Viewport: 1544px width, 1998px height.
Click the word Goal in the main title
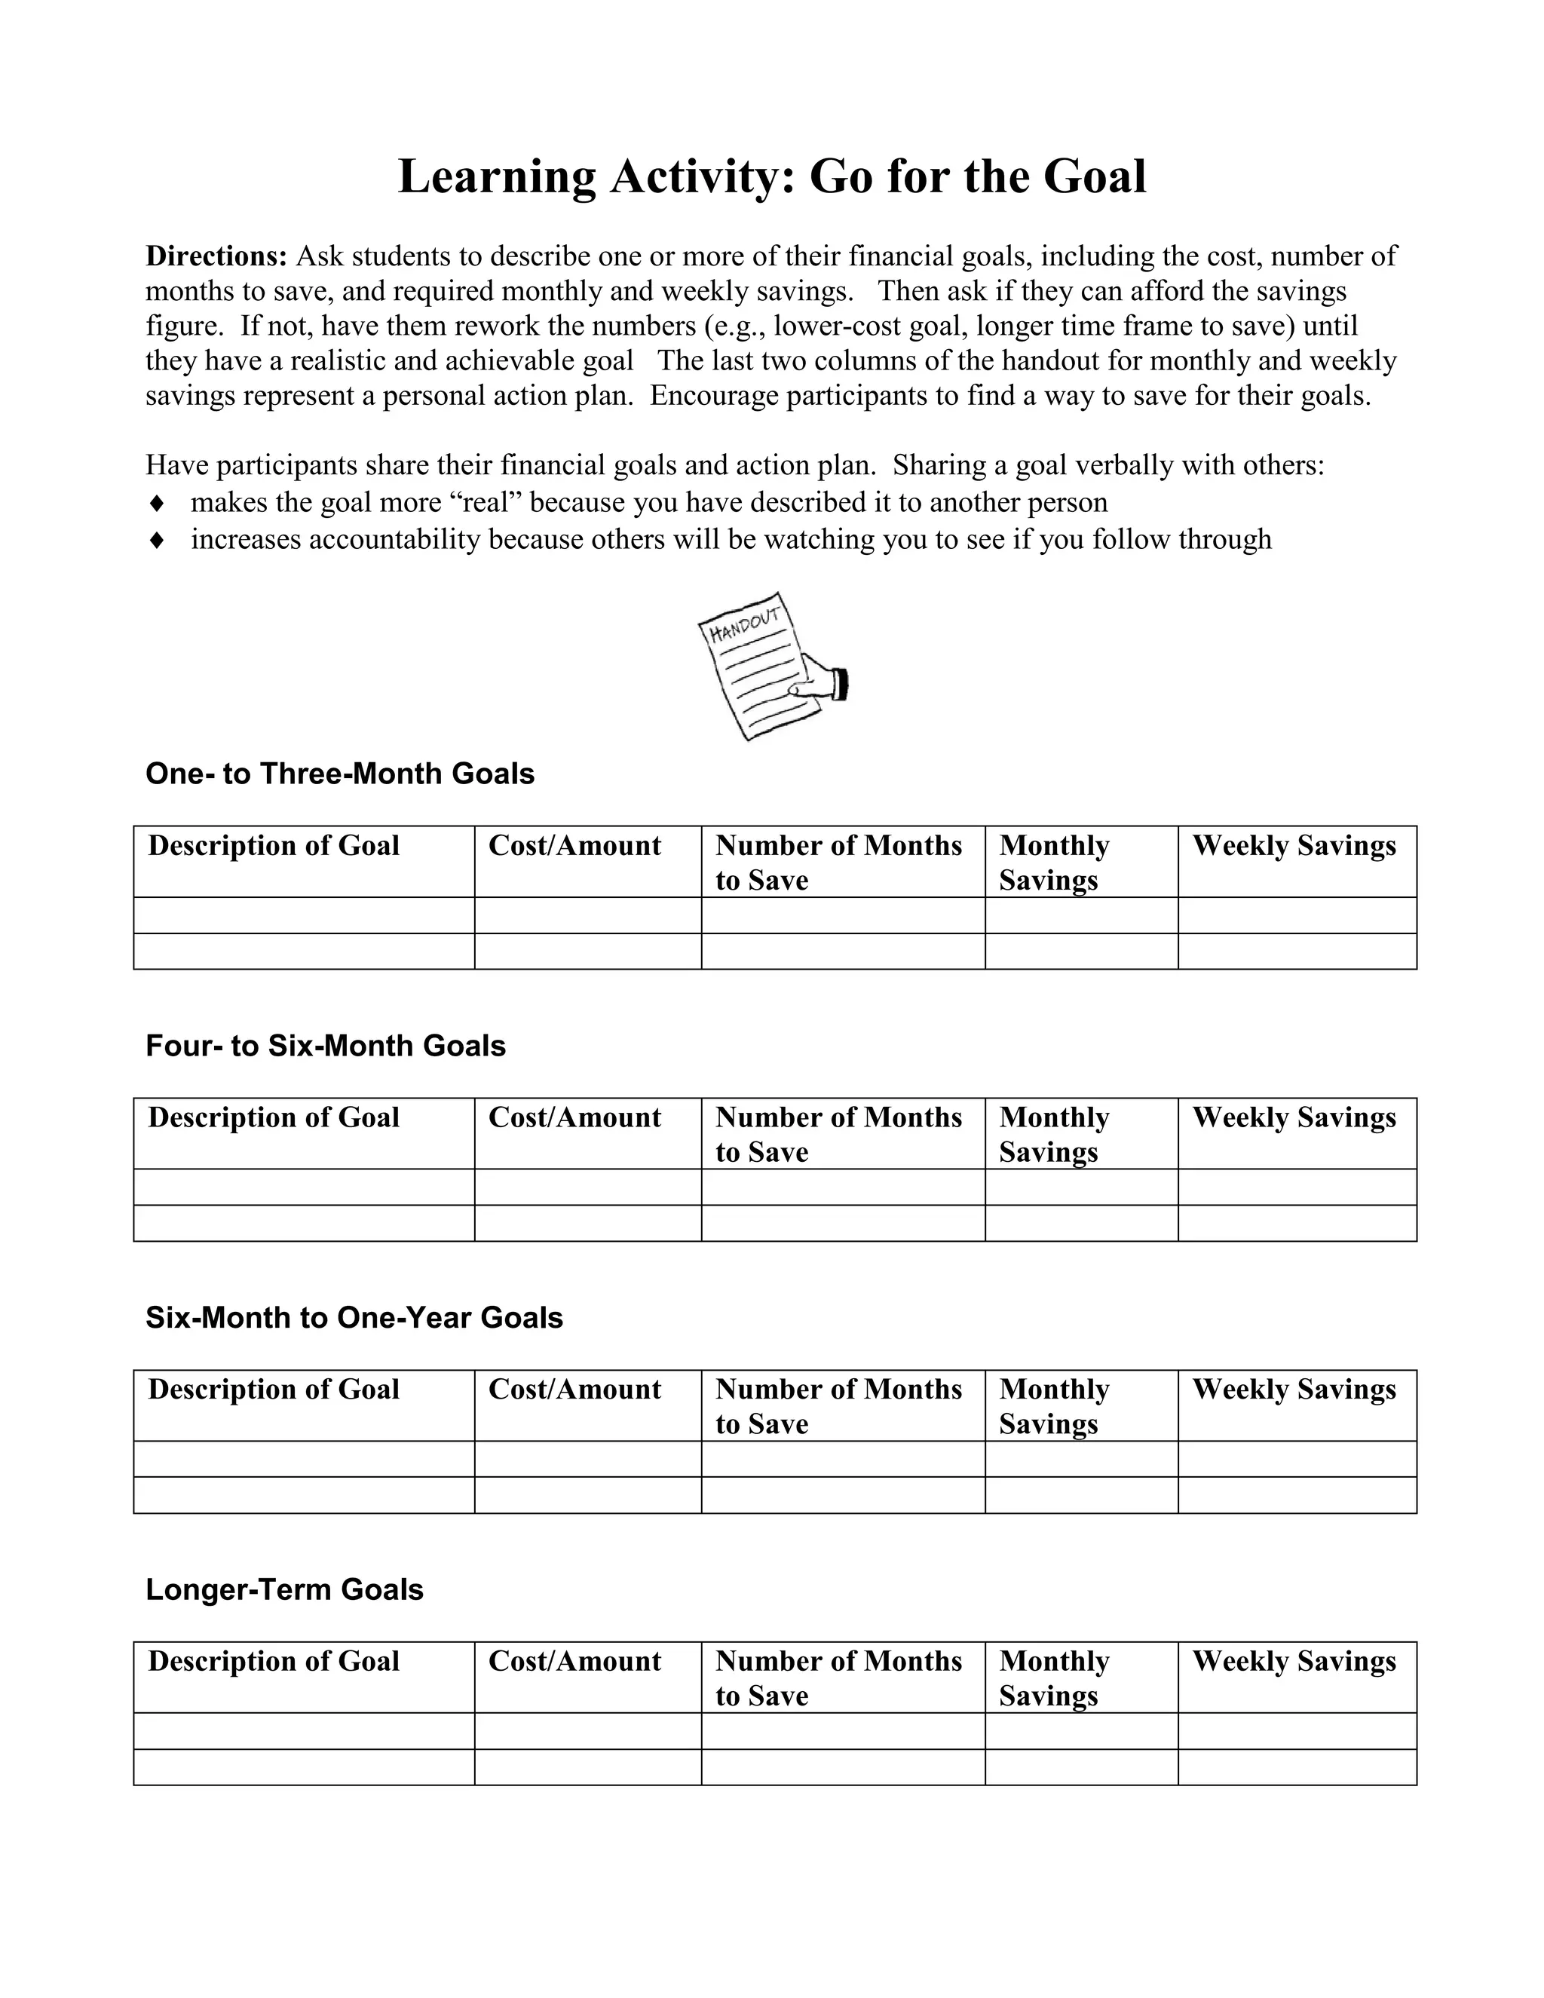(1094, 176)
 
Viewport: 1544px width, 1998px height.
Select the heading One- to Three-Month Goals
(339, 774)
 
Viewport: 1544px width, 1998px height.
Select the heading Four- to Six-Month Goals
(325, 1046)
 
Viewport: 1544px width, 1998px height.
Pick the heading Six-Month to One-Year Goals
(354, 1317)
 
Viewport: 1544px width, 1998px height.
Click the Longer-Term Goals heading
(284, 1590)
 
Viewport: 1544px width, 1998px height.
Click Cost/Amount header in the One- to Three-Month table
(574, 845)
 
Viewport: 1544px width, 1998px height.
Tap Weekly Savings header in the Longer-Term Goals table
(1294, 1661)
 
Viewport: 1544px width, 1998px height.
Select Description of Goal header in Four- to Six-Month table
(274, 1117)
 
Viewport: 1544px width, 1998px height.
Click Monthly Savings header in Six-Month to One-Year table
(1054, 1406)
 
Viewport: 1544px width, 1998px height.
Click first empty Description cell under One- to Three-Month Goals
(304, 916)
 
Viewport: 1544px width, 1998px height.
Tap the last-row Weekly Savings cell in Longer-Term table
(1297, 1767)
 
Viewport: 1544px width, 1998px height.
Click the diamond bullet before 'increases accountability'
(156, 541)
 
